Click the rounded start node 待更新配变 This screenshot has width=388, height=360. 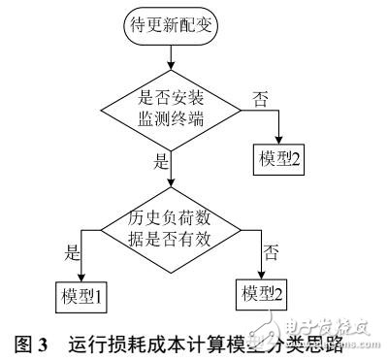click(170, 28)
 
